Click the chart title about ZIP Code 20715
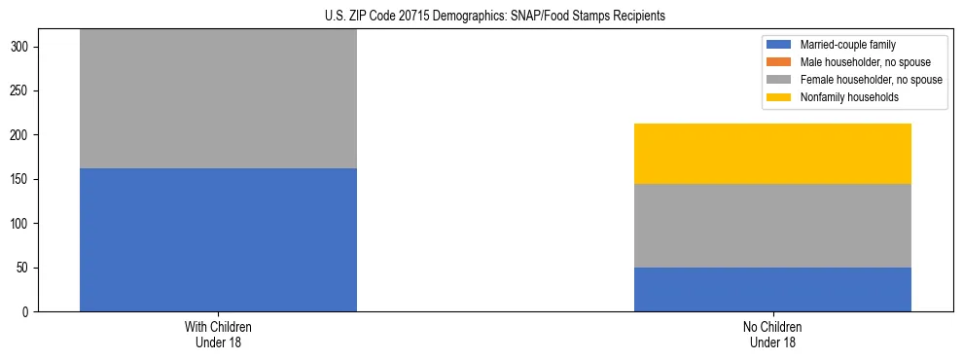495,16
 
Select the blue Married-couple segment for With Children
218,239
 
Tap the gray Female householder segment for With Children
218,98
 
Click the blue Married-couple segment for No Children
772,289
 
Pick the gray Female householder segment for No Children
772,225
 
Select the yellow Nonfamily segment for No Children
772,154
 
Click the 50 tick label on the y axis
28,268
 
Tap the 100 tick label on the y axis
25,224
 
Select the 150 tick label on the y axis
25,180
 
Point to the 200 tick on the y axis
25,135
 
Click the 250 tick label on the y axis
25,91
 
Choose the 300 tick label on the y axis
25,48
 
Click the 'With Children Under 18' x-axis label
218,334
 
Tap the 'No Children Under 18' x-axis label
772,334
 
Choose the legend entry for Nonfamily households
847,97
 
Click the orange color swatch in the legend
780,62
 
